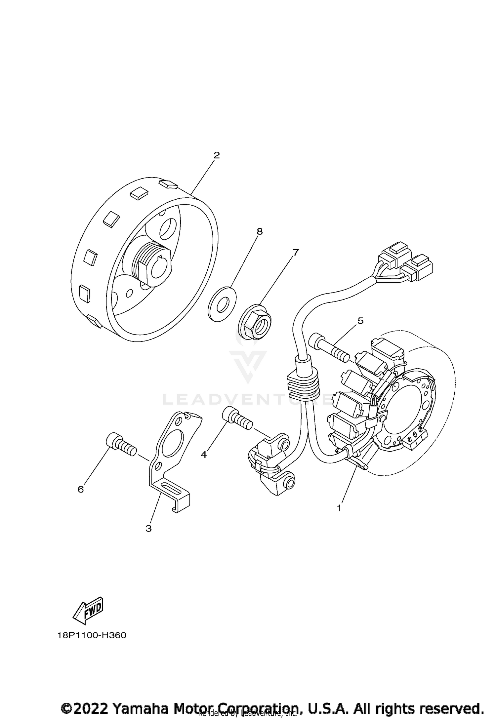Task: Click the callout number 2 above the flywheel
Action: tap(217, 155)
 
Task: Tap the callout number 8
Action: tap(260, 232)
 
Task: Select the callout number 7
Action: tap(295, 253)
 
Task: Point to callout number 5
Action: tap(360, 320)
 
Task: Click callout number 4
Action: tap(204, 455)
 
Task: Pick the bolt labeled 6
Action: tap(121, 445)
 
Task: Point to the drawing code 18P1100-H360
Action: tap(92, 636)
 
